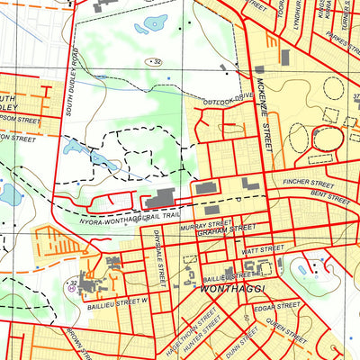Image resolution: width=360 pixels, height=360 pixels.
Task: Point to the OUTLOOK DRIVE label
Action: coord(229,100)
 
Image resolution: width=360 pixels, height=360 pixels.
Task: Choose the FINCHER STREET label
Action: coord(309,184)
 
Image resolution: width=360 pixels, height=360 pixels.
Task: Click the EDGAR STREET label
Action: coord(269,308)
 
